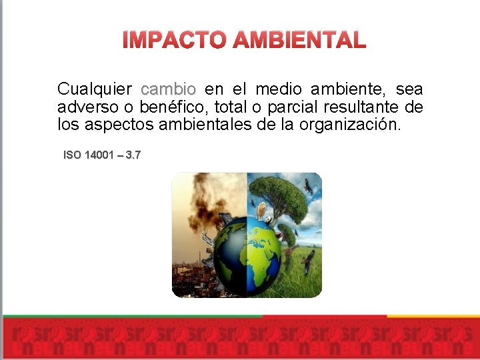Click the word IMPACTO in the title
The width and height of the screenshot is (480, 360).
174,40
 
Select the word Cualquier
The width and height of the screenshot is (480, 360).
95,89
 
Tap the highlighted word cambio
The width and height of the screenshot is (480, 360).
169,89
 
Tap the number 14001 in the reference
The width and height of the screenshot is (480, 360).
99,155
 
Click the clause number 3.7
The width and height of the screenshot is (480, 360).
133,155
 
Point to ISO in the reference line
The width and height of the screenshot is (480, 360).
72,155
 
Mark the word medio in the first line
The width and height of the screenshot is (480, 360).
278,89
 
